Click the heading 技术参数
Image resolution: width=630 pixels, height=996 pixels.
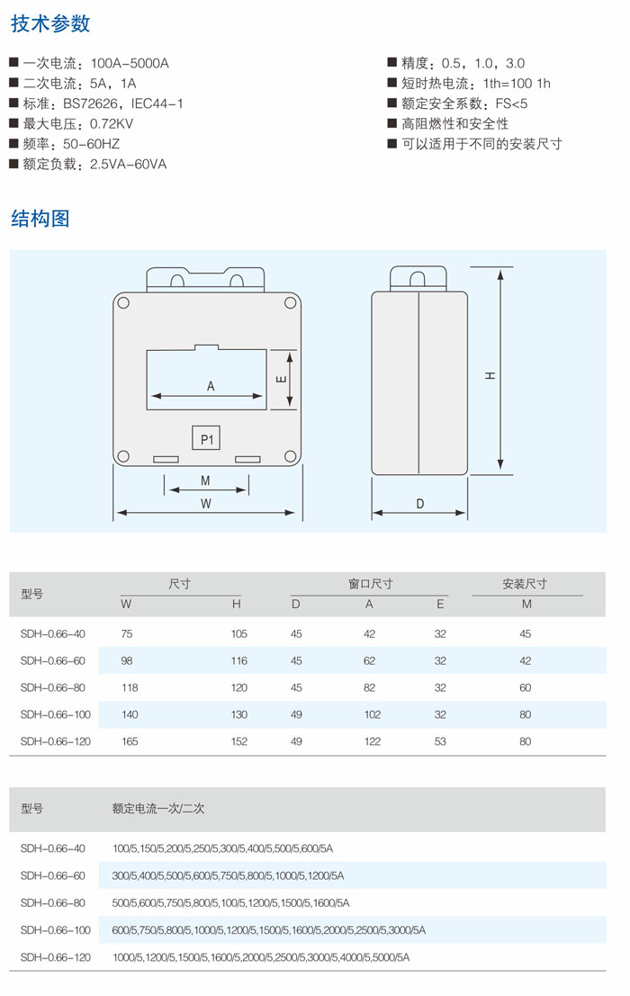50,23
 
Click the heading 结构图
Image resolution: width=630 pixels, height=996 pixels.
40,219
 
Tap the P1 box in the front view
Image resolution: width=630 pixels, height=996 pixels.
206,438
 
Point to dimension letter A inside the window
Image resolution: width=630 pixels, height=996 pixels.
211,386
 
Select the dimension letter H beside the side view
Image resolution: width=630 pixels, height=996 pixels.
490,375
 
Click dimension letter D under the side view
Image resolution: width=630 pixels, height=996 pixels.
419,503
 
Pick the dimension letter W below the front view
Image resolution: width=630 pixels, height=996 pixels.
206,503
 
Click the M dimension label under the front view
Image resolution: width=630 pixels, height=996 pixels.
205,480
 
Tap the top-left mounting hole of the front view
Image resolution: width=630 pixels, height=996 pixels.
124,303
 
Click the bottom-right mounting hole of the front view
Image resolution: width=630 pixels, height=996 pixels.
290,455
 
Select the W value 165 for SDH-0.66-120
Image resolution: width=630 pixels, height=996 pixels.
130,741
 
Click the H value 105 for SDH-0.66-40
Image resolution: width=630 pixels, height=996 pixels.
238,634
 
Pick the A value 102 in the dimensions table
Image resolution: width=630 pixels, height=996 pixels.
373,714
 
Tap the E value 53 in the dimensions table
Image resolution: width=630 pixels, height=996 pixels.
440,741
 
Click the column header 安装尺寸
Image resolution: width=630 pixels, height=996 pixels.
525,584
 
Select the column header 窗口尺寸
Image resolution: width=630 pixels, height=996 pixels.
370,584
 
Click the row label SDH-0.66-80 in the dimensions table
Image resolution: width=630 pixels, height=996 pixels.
53,687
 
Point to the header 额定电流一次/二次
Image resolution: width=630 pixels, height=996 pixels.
158,809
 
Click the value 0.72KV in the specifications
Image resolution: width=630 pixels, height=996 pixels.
111,124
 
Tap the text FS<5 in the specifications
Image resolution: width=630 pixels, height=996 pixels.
511,103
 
